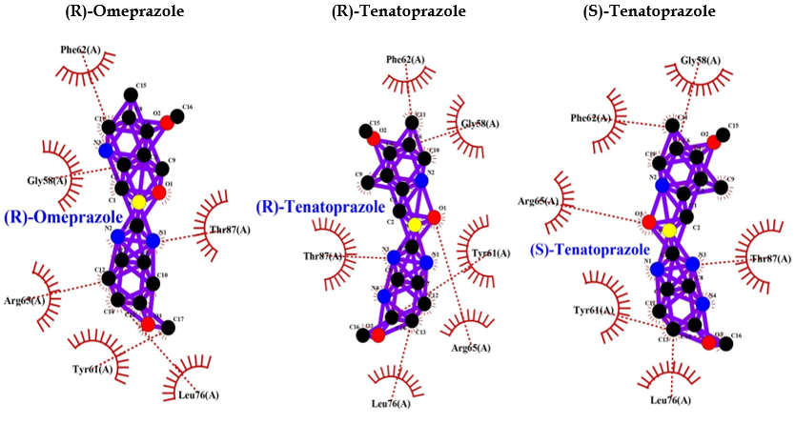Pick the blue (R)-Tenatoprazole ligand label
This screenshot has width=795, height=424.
pyautogui.click(x=321, y=207)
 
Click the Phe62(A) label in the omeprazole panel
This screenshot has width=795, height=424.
pyautogui.click(x=81, y=48)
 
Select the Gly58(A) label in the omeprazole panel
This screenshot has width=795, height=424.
pyautogui.click(x=47, y=179)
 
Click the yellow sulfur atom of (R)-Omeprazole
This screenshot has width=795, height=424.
pyautogui.click(x=139, y=202)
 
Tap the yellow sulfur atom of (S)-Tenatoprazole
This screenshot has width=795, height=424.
pyautogui.click(x=669, y=232)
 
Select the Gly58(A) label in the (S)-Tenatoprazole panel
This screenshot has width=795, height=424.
pyautogui.click(x=701, y=60)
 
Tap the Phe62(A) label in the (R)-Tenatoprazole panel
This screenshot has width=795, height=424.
pyautogui.click(x=406, y=60)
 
